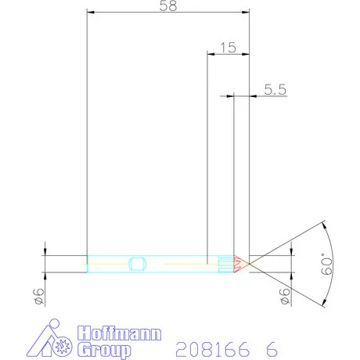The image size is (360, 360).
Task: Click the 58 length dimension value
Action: click(x=167, y=5)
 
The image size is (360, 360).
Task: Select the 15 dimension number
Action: click(x=228, y=47)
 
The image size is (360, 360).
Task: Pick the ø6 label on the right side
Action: click(x=284, y=296)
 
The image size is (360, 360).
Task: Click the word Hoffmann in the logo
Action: click(x=119, y=334)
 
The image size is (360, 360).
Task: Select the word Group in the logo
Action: click(x=103, y=350)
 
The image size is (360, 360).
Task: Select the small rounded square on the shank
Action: click(x=138, y=263)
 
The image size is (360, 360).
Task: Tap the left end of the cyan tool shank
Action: click(x=88, y=263)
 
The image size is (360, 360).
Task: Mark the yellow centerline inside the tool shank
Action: click(x=180, y=263)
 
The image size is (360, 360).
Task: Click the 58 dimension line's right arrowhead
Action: click(x=246, y=13)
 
